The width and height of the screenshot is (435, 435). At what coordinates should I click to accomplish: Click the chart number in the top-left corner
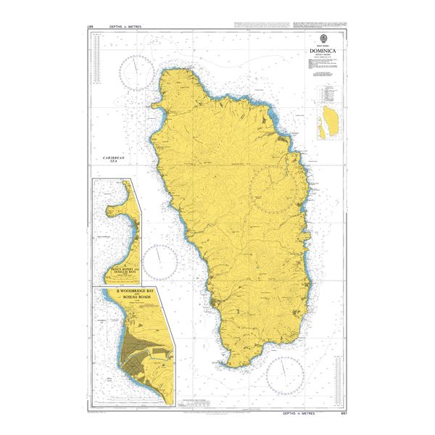pyautogui.click(x=91, y=26)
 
